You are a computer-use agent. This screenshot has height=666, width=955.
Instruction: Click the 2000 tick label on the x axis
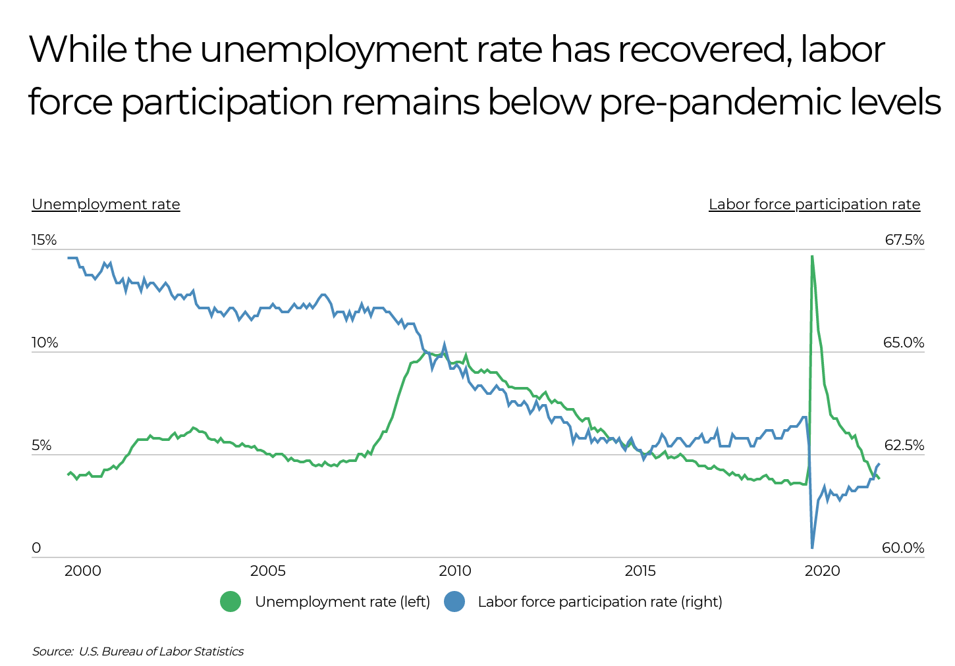click(x=82, y=571)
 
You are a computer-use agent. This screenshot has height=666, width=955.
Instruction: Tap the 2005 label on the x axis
click(x=268, y=571)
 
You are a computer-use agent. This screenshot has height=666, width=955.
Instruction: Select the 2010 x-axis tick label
click(x=454, y=571)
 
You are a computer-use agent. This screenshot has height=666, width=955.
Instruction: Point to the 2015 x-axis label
click(x=640, y=571)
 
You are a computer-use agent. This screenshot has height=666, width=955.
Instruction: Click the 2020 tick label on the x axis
click(x=823, y=571)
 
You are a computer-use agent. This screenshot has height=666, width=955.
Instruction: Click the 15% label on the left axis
click(x=44, y=240)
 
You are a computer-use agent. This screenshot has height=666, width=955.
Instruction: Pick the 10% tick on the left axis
click(x=45, y=343)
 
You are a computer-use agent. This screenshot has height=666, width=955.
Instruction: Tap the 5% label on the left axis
click(x=41, y=446)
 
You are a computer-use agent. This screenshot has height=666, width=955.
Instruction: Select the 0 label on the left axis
click(x=36, y=548)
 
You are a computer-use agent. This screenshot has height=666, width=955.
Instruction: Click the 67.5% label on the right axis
click(x=904, y=240)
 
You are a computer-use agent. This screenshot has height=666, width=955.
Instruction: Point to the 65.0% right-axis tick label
click(x=904, y=343)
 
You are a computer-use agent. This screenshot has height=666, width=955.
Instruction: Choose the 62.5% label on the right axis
click(x=904, y=446)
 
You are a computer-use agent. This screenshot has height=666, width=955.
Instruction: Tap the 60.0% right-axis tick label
click(x=903, y=548)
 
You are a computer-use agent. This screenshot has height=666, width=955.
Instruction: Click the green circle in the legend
click(x=231, y=602)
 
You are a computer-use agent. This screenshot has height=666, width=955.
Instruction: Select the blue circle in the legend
click(x=454, y=602)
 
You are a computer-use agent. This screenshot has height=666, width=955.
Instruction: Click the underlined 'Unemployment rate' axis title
click(x=106, y=205)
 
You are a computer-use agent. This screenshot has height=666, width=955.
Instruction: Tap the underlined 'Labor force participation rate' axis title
click(x=814, y=205)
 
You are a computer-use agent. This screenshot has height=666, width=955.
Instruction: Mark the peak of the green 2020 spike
click(x=812, y=256)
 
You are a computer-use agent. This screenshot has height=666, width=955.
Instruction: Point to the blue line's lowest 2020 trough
click(x=812, y=547)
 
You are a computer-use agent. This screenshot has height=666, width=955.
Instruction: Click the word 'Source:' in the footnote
click(x=53, y=652)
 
